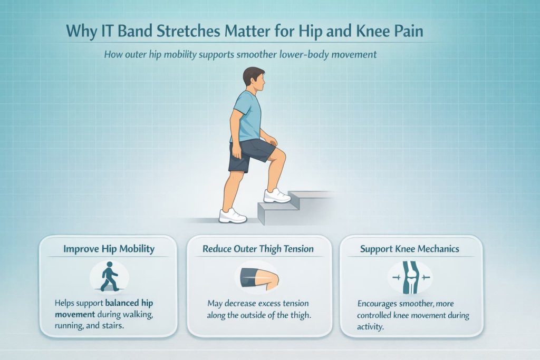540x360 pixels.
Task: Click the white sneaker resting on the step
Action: [277, 196]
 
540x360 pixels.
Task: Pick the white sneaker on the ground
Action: [233, 215]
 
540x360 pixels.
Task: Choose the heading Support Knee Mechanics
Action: [410, 249]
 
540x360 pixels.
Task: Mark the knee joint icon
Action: [410, 278]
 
